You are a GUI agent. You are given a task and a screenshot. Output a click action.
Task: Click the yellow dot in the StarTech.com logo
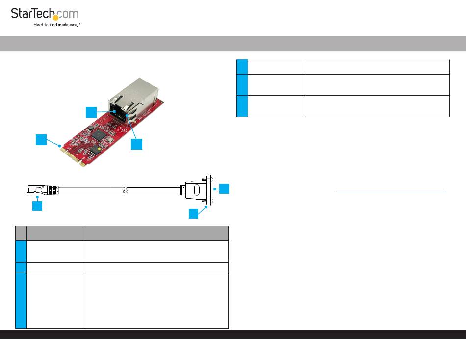click(56, 18)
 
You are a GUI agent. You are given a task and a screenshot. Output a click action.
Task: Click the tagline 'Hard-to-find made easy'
click(57, 25)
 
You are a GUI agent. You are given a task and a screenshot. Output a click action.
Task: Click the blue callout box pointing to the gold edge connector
click(41, 139)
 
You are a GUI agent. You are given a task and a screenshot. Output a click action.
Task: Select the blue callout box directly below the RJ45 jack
click(137, 144)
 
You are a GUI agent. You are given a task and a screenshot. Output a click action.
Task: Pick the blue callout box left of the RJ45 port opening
click(91, 112)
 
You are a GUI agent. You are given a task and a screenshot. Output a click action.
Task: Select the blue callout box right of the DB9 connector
click(224, 188)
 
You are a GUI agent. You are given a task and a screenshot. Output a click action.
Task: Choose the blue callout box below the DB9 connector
click(194, 213)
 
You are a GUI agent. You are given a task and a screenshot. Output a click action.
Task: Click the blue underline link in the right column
click(391, 192)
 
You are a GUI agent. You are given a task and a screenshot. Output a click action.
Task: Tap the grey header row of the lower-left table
click(122, 232)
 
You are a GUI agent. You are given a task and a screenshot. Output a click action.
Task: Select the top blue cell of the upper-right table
click(242, 66)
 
